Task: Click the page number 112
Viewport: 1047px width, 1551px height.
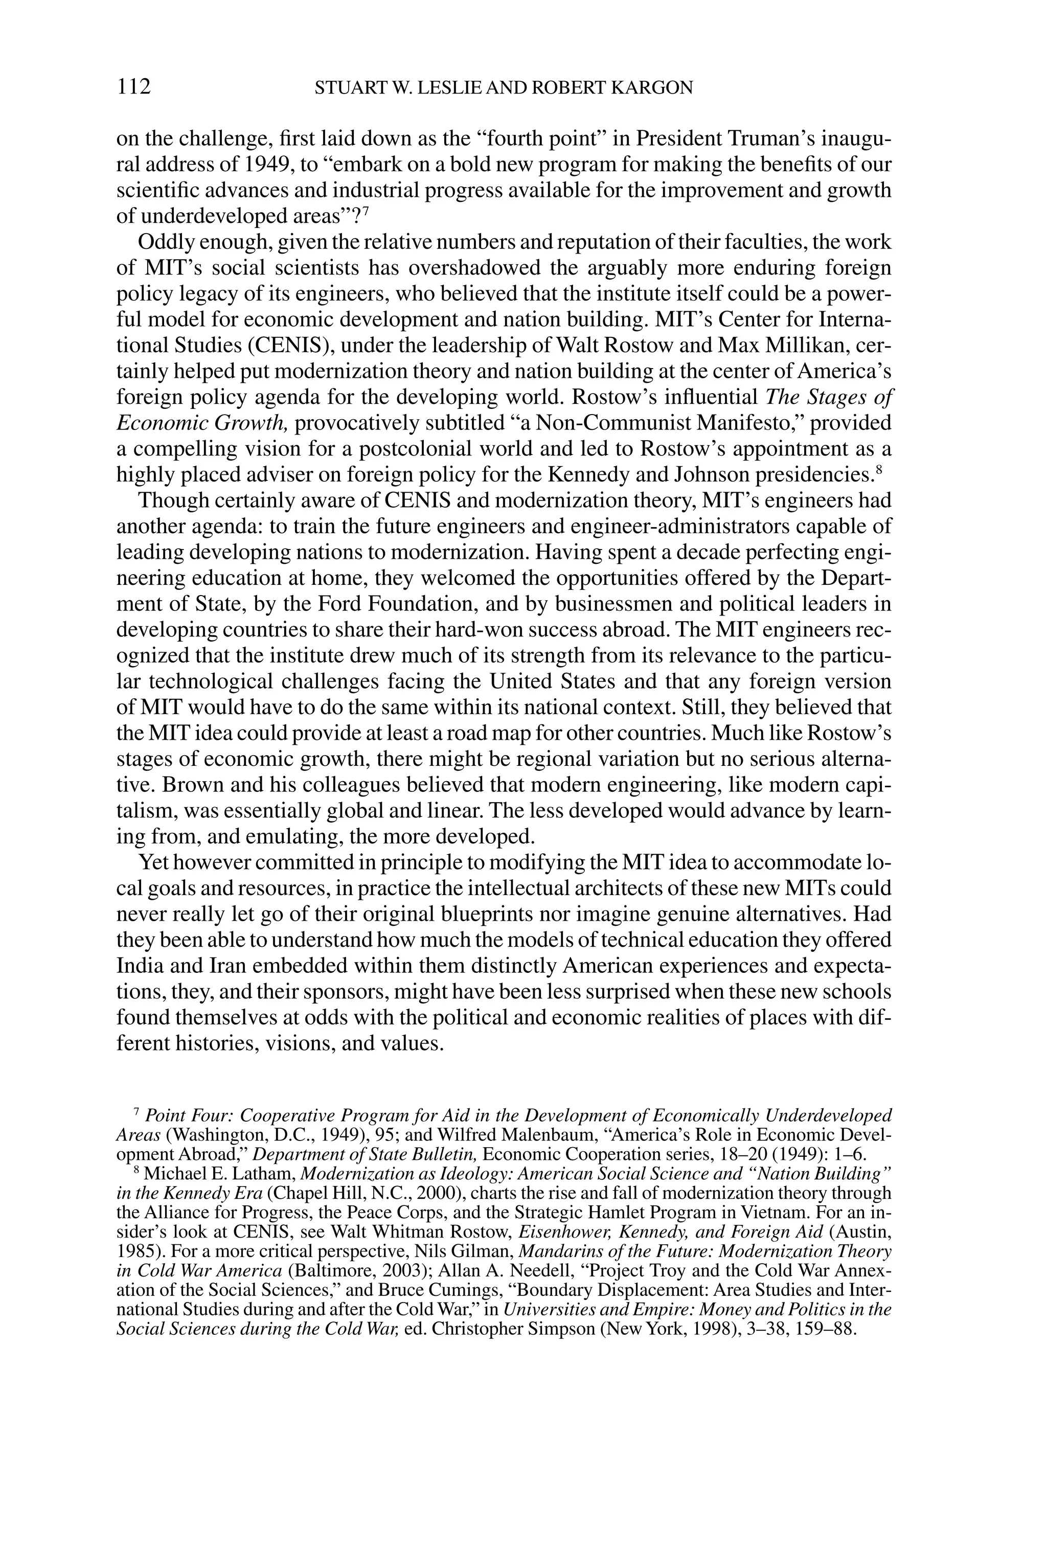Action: (133, 87)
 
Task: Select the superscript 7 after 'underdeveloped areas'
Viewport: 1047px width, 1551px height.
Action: (367, 212)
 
